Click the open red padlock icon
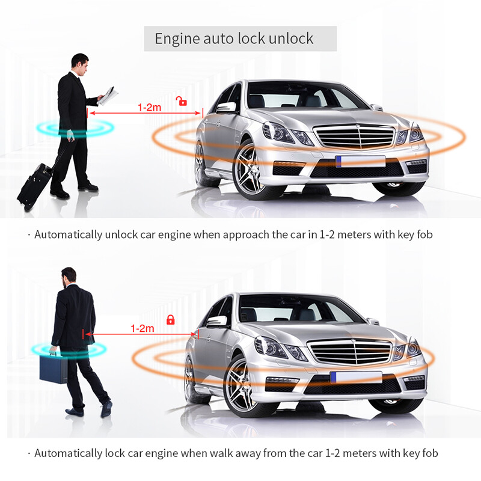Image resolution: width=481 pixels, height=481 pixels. click(181, 101)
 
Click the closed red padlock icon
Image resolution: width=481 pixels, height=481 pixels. click(170, 319)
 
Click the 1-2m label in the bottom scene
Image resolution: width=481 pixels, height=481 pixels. click(142, 328)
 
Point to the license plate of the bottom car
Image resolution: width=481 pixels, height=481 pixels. click(356, 377)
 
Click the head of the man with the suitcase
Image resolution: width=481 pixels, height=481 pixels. click(80, 62)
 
